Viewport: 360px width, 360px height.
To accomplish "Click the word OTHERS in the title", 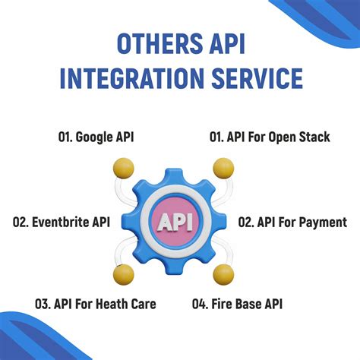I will pos(154,44).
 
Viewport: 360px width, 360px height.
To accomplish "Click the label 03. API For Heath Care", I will pos(95,305).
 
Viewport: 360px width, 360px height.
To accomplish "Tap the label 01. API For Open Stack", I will pos(270,137).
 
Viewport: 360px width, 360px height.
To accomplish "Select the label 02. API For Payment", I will pos(292,223).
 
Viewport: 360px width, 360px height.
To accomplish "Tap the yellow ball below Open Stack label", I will pos(223,168).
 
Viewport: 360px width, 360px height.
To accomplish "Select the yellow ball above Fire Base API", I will pos(223,273).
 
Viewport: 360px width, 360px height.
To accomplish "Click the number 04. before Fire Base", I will pos(200,305).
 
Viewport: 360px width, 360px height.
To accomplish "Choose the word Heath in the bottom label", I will pos(114,305).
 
